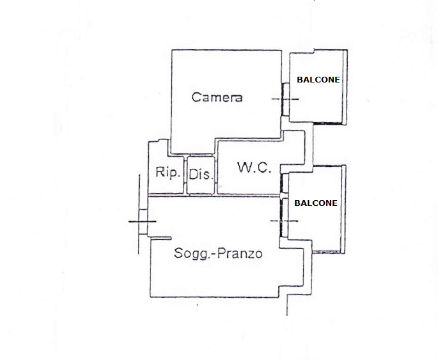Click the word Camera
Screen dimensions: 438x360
[x=217, y=97]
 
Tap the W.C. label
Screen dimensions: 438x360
[x=254, y=168]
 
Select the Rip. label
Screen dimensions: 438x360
[x=168, y=172]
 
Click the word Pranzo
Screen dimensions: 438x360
[x=240, y=253]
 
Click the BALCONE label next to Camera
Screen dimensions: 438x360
[x=318, y=79]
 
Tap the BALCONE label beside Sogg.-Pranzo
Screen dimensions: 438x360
[x=316, y=203]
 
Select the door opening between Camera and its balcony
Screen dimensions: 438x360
[x=285, y=99]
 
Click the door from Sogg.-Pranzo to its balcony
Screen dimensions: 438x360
[x=284, y=217]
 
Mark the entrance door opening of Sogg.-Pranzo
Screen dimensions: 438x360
[x=143, y=222]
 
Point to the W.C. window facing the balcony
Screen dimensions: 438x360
[x=285, y=183]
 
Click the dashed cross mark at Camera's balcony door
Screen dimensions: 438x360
[x=285, y=99]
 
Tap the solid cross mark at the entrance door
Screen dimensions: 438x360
[x=142, y=221]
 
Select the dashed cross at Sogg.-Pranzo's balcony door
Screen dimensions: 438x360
[x=284, y=221]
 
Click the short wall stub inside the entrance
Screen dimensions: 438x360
[x=159, y=239]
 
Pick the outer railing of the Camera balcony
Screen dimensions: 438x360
[x=345, y=87]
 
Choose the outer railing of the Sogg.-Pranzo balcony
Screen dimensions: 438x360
[x=343, y=210]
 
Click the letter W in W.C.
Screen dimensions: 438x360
[x=244, y=167]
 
